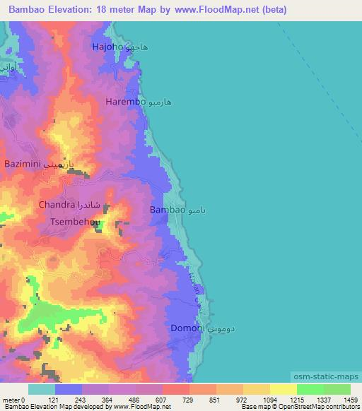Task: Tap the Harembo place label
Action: [125, 102]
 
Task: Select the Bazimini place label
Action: [26, 164]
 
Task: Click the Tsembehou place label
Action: [74, 221]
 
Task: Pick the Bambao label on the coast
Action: [168, 210]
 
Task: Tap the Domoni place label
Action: [187, 328]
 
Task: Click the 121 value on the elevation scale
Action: [53, 400]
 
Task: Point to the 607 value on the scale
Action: [160, 400]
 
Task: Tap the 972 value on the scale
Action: [242, 400]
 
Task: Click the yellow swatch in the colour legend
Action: [283, 389]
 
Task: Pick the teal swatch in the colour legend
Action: [42, 389]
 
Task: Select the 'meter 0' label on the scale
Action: [14, 400]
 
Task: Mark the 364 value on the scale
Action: [107, 400]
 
